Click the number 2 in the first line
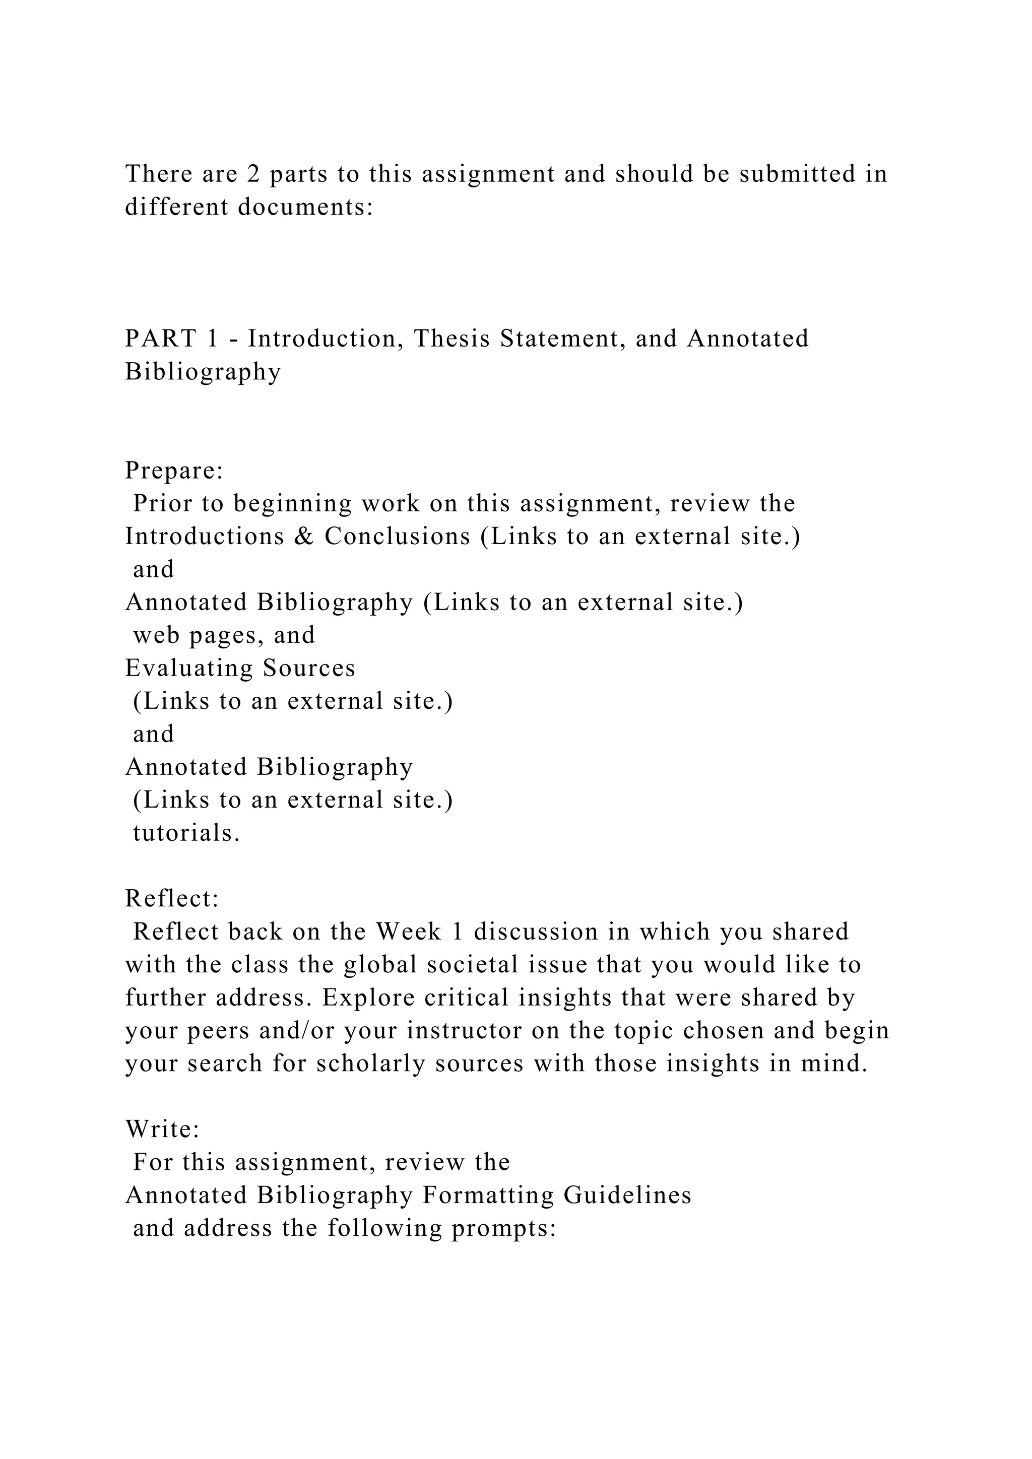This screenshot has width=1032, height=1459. point(253,174)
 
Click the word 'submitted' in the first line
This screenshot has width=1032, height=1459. point(797,174)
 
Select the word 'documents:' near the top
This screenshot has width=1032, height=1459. point(306,207)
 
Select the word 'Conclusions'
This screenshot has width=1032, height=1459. point(398,537)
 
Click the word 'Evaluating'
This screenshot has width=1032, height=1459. point(188,669)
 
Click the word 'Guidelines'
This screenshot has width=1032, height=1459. point(628,1196)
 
